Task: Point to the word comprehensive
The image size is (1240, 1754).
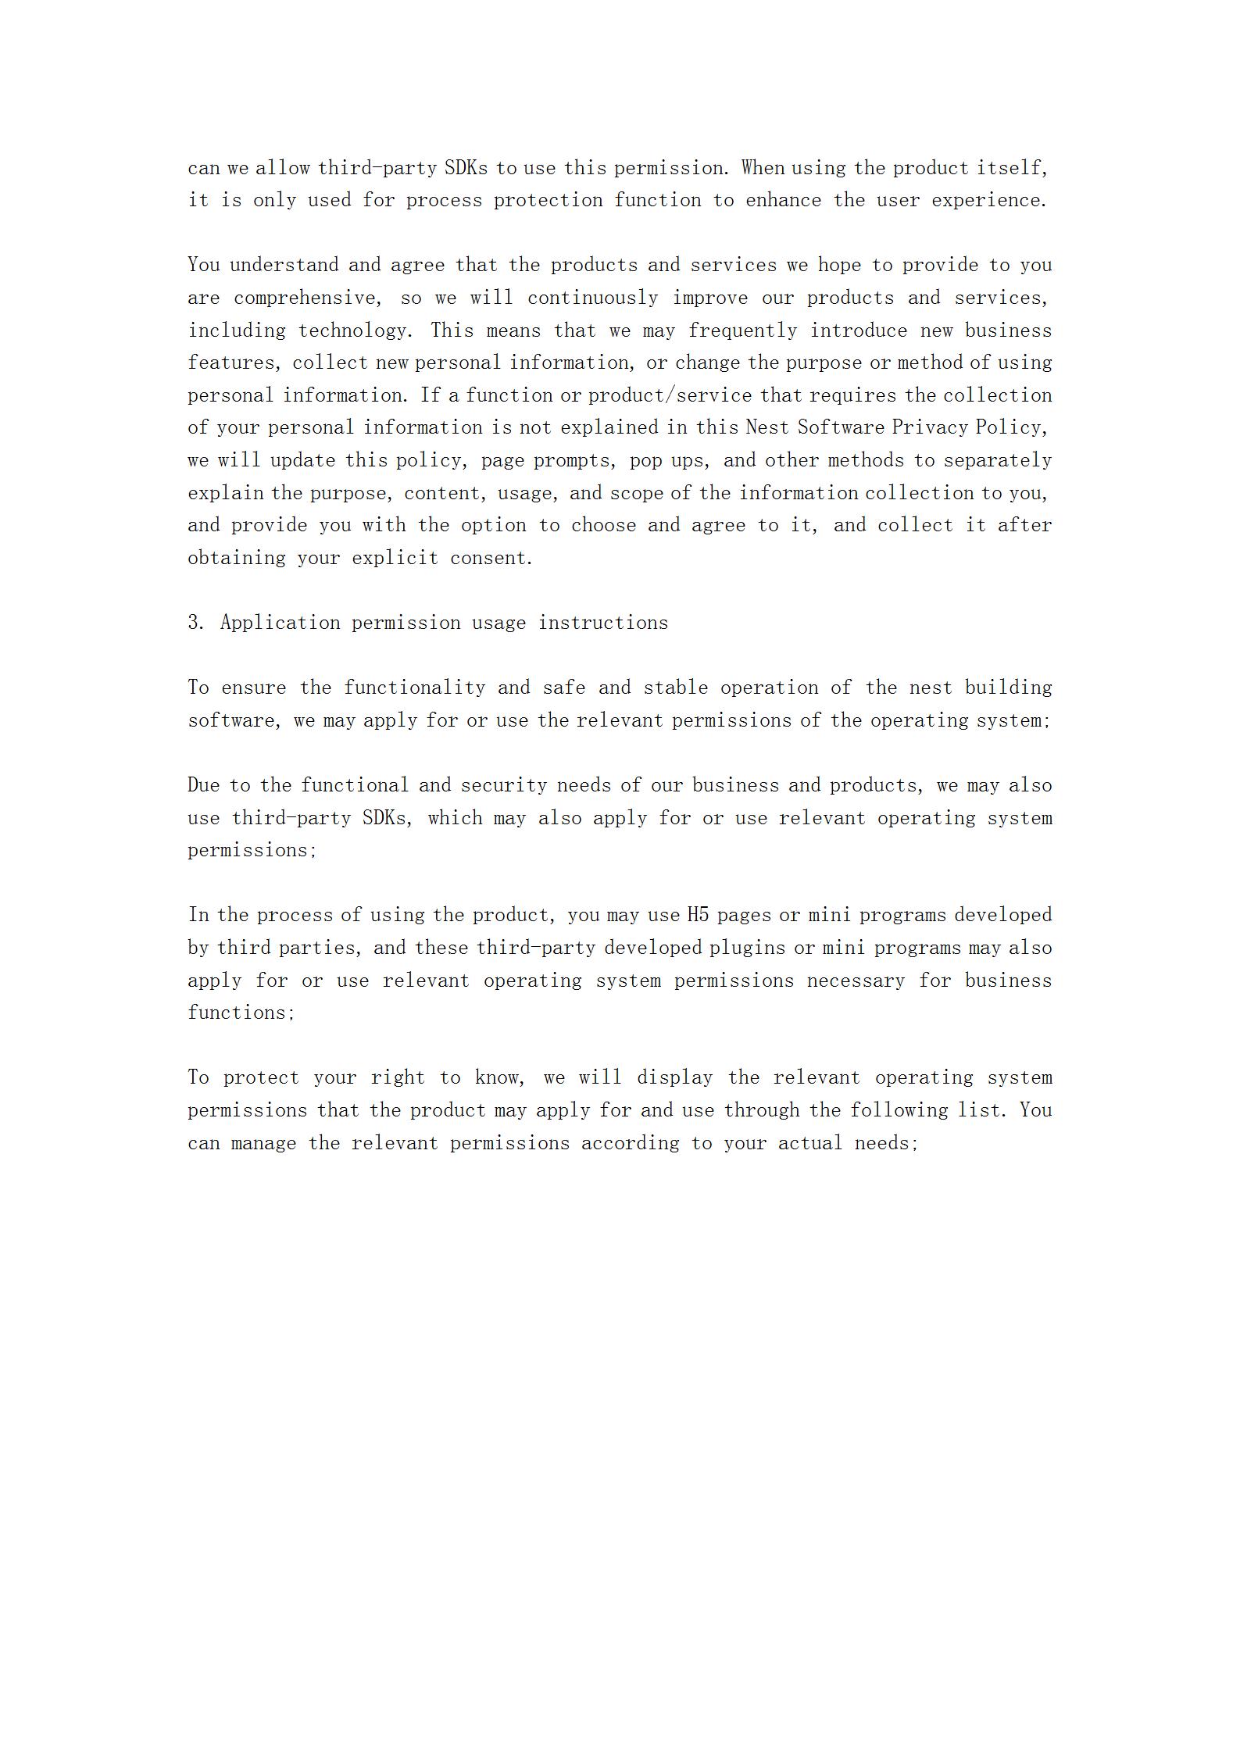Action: point(307,298)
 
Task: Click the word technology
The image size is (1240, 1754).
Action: point(355,331)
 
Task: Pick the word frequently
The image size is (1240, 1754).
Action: point(742,331)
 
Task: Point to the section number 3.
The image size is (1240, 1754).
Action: point(195,623)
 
